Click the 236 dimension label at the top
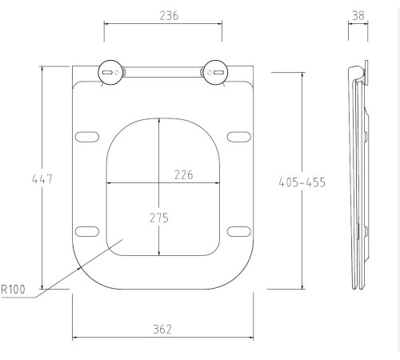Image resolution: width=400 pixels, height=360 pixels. click(x=169, y=16)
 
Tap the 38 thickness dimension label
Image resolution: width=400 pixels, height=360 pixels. click(x=358, y=16)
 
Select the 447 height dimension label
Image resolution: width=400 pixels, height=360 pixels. click(x=42, y=179)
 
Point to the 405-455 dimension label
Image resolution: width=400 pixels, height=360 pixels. click(x=302, y=182)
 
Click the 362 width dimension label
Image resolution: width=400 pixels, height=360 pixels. click(x=162, y=330)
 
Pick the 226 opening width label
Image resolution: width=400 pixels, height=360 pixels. click(x=184, y=175)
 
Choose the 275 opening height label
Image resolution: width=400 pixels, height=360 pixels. click(x=159, y=218)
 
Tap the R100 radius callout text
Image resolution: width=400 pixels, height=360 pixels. click(x=14, y=290)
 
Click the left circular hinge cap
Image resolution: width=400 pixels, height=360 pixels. click(x=110, y=73)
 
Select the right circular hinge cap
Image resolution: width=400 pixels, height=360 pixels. click(x=215, y=73)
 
